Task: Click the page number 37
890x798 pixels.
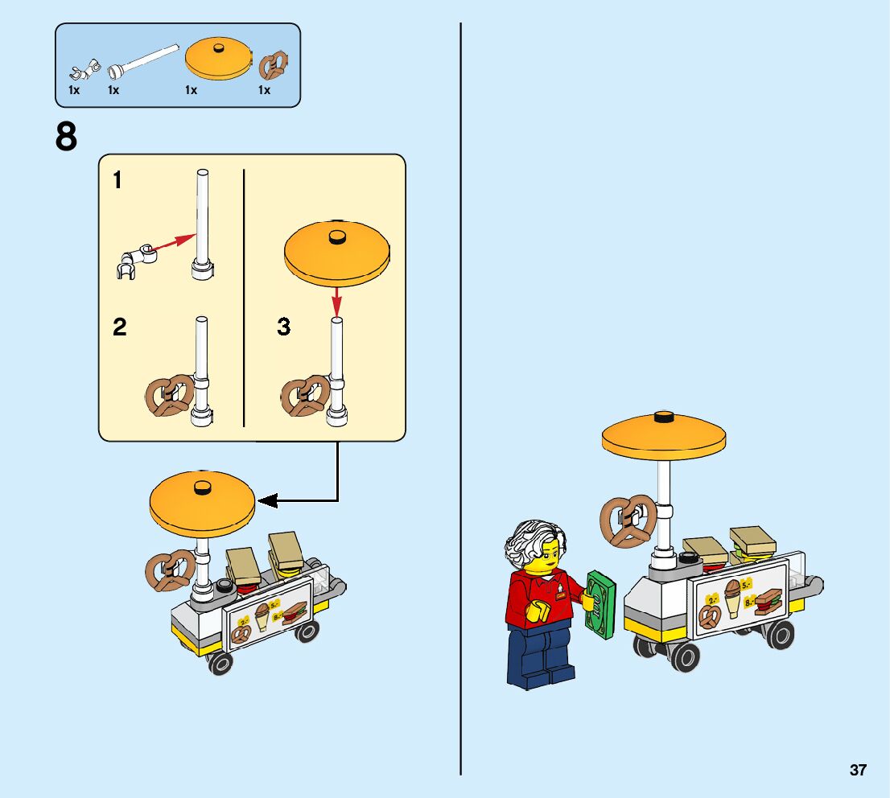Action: [858, 770]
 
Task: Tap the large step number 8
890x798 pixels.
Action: [67, 137]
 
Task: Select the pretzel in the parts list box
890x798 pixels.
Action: [274, 64]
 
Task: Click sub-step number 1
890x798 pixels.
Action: [117, 180]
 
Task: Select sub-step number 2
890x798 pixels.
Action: [119, 327]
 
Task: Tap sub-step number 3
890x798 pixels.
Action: [283, 327]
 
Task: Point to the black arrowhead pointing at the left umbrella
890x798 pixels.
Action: [268, 500]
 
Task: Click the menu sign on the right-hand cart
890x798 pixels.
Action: [739, 599]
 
